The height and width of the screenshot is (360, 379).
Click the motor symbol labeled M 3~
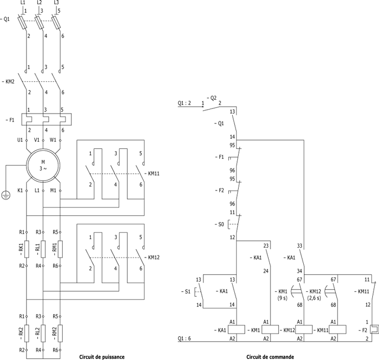pos(43,166)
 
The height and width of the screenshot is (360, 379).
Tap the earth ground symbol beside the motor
pos(6,195)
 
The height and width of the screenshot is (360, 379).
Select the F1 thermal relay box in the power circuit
pos(47,120)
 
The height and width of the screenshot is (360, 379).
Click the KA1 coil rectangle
pos(237,330)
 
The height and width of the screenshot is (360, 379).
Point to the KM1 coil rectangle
pos(270,330)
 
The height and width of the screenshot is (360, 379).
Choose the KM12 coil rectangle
pos(304,330)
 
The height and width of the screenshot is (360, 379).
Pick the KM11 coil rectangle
pos(337,330)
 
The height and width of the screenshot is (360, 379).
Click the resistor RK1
pos(27,249)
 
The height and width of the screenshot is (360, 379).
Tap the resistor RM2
pos(60,333)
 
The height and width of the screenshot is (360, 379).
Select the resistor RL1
pos(43,249)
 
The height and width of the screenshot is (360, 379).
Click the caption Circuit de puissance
pos(102,357)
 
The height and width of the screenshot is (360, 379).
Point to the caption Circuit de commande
pos(270,357)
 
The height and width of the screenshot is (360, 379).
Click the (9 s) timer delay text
pos(283,298)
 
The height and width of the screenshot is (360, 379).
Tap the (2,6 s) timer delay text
pos(314,298)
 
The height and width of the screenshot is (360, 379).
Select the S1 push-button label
pos(186,292)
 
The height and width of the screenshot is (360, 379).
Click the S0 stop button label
pos(220,224)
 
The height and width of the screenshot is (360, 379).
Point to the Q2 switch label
pos(212,98)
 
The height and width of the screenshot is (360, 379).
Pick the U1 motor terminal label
pos(20,140)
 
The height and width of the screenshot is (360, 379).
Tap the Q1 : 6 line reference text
pos(184,338)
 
